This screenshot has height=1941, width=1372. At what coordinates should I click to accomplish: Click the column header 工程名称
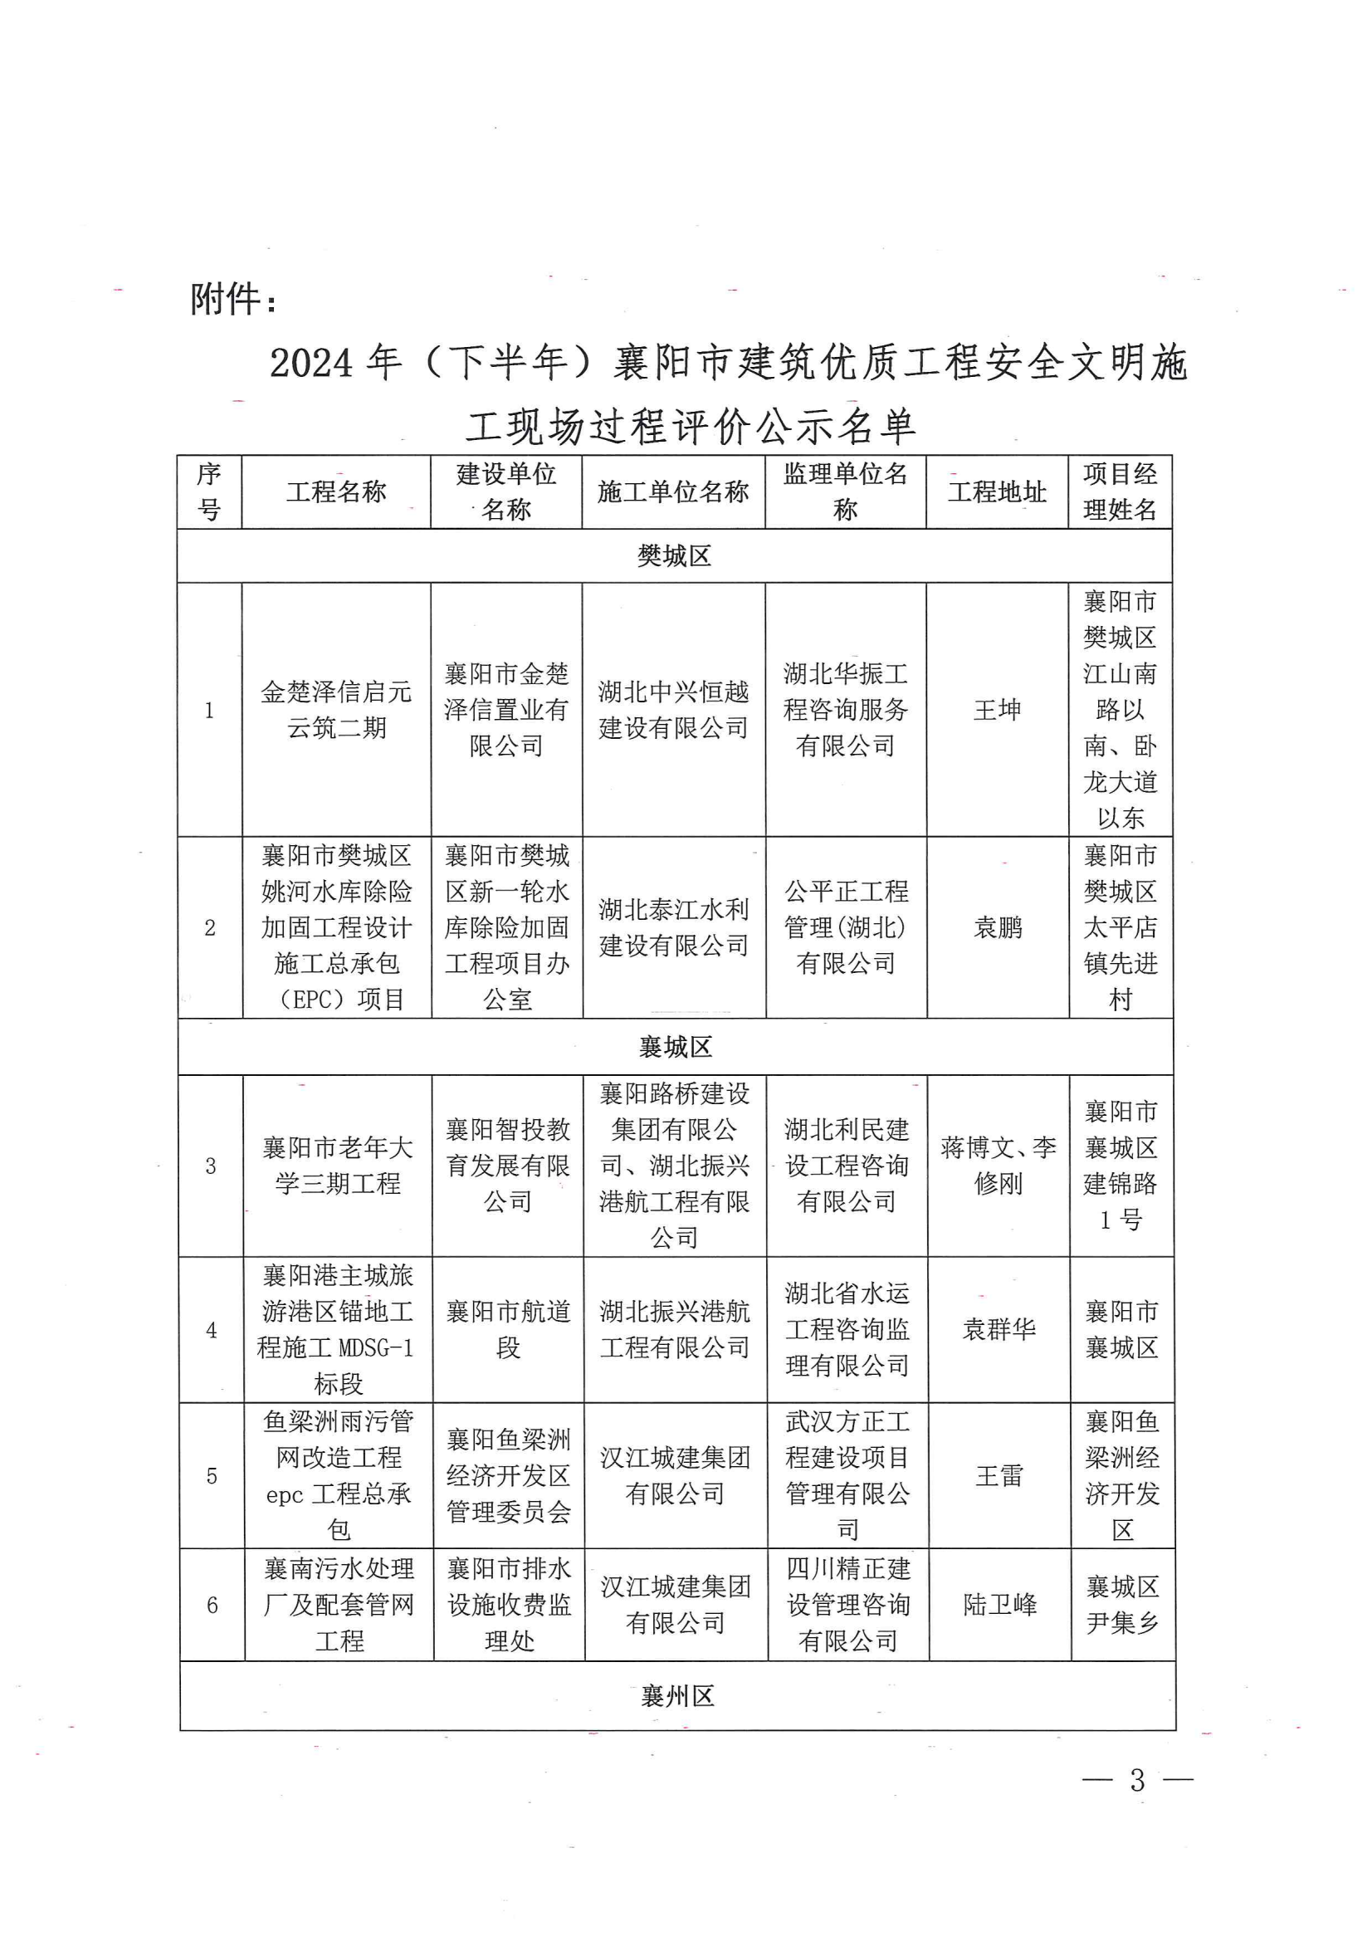[335, 491]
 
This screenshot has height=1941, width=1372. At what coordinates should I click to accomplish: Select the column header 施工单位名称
[673, 491]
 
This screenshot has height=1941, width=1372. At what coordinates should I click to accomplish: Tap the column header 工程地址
[997, 491]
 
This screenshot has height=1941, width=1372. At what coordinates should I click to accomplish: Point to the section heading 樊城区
[674, 555]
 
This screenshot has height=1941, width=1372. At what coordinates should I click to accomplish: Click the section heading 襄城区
[675, 1047]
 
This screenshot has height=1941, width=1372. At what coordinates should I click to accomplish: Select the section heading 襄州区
[677, 1695]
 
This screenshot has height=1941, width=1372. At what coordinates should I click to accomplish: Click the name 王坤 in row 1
[998, 709]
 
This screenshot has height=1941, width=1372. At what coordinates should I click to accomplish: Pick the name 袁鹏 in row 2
[998, 927]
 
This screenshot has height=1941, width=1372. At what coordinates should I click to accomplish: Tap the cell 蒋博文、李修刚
[998, 1165]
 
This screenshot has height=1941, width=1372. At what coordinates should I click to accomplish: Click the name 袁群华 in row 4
[998, 1330]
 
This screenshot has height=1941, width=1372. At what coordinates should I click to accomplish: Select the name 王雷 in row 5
[999, 1476]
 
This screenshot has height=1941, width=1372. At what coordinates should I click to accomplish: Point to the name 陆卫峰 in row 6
[1000, 1605]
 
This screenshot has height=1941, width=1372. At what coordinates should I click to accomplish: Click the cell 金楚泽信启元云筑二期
[336, 709]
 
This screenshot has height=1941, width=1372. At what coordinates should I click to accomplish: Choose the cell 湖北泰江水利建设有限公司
[674, 927]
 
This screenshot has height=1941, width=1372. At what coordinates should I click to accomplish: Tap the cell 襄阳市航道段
[507, 1330]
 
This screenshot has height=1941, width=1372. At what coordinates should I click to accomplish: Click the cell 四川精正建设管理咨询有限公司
[848, 1605]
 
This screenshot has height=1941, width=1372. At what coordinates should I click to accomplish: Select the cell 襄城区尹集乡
[1122, 1605]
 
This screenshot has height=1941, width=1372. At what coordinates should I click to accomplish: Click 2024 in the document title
[311, 364]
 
